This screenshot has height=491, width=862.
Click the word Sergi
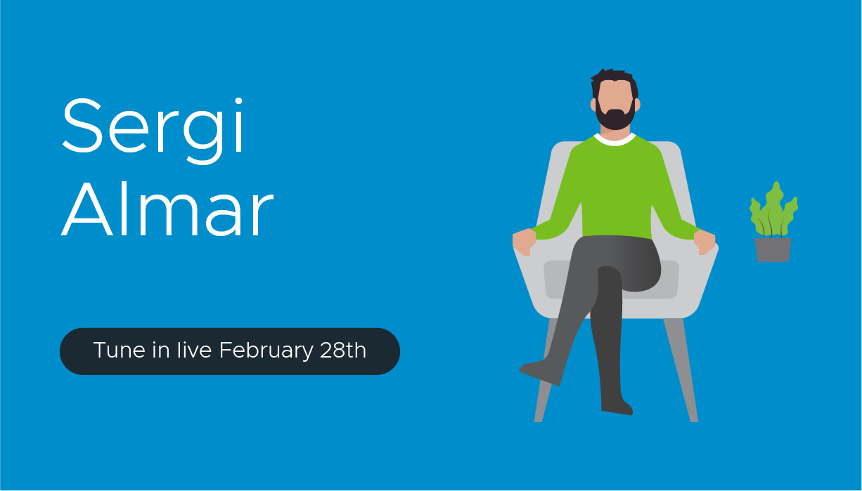153,131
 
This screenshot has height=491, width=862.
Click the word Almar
167,208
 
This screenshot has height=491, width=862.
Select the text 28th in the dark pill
343,350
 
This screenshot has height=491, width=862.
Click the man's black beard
615,117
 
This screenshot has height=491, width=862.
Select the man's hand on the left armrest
524,242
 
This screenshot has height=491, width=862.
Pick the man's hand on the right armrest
705,242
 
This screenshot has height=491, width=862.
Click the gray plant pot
773,250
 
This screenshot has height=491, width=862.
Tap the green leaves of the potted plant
773,209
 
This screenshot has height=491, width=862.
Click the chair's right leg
681,369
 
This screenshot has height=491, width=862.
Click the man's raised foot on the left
539,372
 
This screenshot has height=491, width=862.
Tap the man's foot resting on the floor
617,407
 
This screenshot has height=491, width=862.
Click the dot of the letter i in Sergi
238,101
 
